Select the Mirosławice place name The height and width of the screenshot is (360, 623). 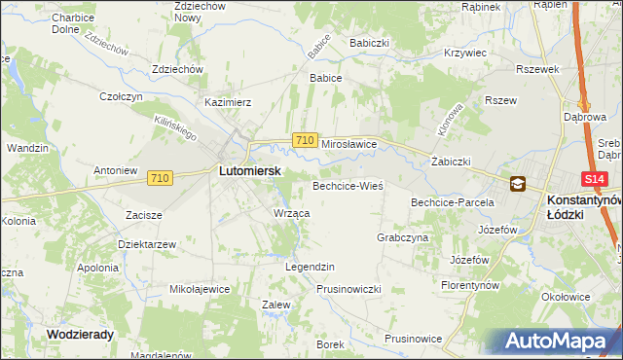[x=348, y=142]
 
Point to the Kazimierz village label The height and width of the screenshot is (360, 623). [x=228, y=101]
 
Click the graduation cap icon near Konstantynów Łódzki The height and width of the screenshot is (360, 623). [x=517, y=183]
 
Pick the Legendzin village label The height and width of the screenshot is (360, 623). [x=310, y=267]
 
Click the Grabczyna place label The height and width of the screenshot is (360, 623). [x=402, y=237]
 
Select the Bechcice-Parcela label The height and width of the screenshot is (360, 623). [x=453, y=202]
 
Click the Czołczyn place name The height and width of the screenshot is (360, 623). [x=122, y=96]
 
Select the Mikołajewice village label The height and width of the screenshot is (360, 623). [x=200, y=289]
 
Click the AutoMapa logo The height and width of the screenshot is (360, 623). [x=562, y=342]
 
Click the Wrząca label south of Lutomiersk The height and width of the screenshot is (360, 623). [x=292, y=213]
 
